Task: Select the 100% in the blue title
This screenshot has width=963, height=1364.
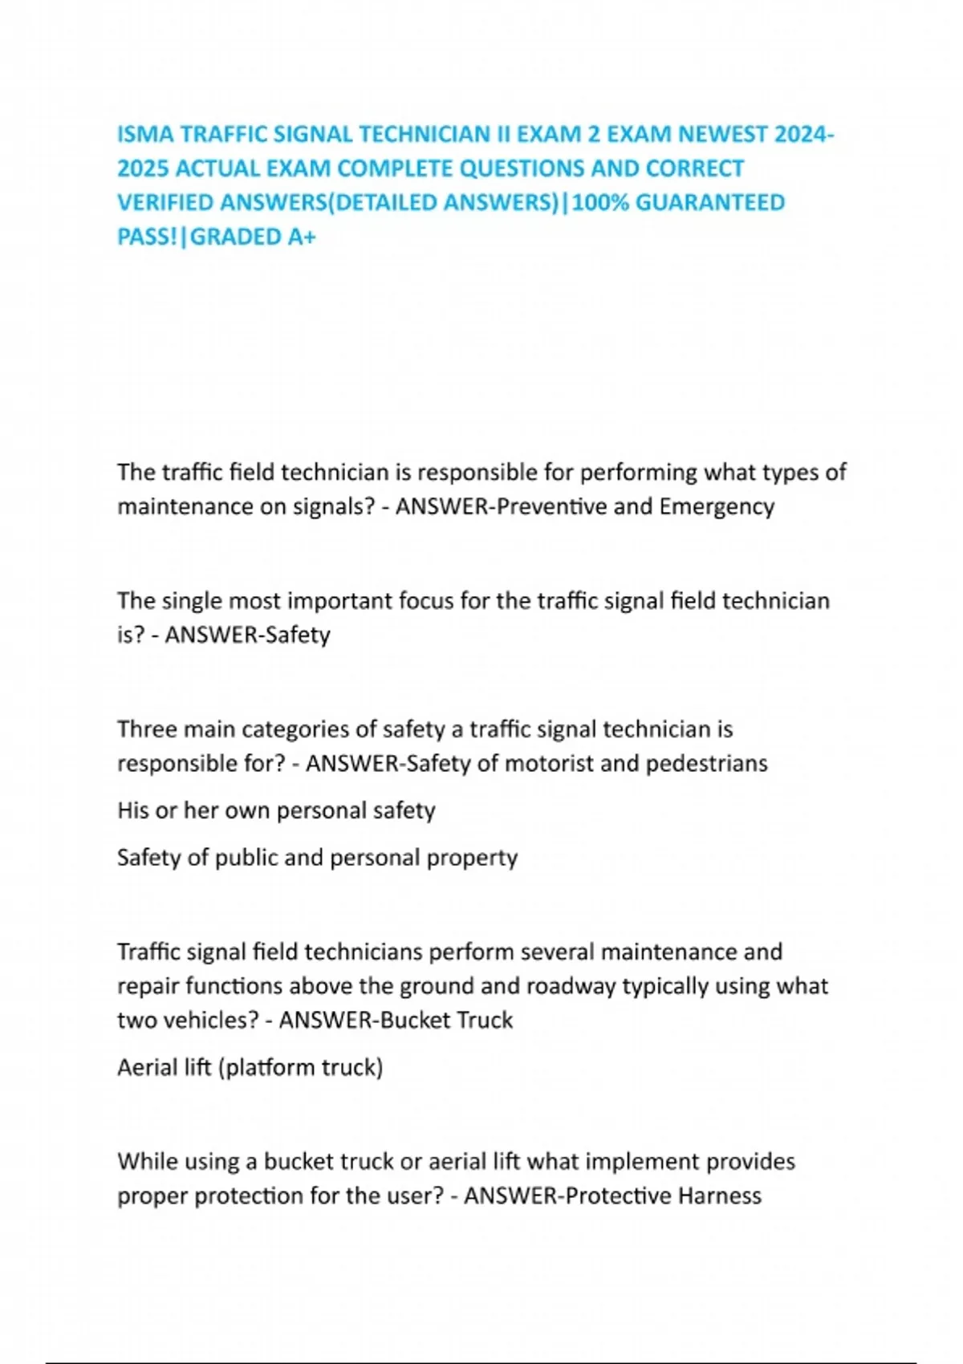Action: tap(599, 202)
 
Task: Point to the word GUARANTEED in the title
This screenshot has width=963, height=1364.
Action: tap(710, 202)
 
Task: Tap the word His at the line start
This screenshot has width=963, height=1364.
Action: tap(133, 810)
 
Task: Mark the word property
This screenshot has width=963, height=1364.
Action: tap(472, 858)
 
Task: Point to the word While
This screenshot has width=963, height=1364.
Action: tap(146, 1162)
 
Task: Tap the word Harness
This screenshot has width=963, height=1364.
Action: tap(719, 1196)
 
